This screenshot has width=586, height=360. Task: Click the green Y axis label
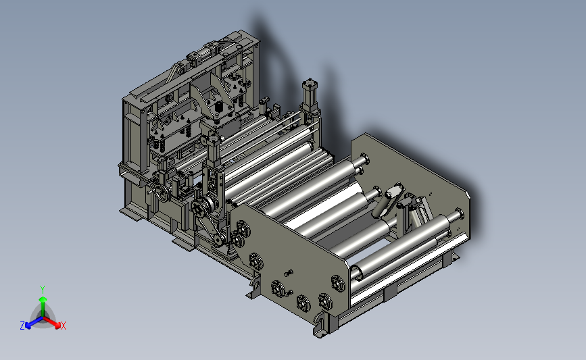42,290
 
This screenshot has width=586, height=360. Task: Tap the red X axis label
63,326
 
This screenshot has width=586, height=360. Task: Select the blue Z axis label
22,326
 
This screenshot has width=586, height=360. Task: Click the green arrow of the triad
43,306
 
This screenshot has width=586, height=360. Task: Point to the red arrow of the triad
52,322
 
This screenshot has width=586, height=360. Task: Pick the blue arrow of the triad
34,322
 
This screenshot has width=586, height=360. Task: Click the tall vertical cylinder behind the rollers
310,96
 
